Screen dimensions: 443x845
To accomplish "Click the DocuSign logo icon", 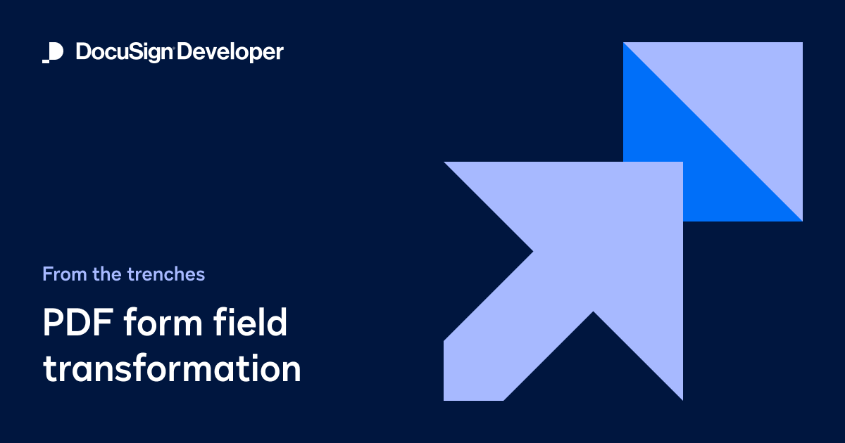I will click(x=53, y=53).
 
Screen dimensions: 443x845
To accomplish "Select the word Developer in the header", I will click(x=230, y=53).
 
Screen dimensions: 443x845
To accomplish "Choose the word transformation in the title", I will click(x=172, y=369).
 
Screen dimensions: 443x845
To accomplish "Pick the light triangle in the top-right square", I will click(x=746, y=91).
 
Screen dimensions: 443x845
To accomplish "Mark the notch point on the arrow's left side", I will click(x=532, y=251).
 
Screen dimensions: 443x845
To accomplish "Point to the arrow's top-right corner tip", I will click(x=680, y=165).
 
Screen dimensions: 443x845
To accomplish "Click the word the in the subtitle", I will click(x=107, y=274).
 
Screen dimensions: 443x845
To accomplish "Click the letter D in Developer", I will click(x=186, y=53).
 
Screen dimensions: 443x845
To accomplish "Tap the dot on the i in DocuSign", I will click(x=143, y=44).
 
